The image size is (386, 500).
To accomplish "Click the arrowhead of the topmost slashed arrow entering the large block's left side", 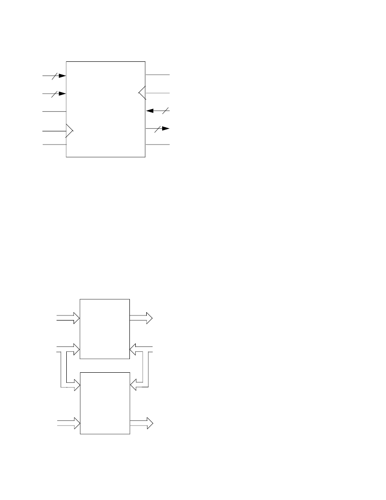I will point(63,75).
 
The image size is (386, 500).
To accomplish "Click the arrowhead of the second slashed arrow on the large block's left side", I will point(63,94).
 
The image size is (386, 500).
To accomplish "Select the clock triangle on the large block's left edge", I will point(69,131).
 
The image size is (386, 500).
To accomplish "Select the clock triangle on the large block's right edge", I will point(142,93).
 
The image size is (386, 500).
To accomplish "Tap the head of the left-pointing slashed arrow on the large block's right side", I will point(149,110).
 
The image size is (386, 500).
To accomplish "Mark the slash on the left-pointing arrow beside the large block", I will point(166,110).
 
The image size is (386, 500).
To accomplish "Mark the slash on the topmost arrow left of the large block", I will point(53,75).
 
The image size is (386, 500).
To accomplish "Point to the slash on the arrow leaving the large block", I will point(156,129).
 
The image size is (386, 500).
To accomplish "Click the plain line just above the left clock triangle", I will point(54,111).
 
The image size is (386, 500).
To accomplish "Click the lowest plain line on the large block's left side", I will point(54,145).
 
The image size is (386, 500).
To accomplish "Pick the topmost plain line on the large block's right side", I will point(157,74).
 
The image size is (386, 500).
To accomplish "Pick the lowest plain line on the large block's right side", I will point(157,145).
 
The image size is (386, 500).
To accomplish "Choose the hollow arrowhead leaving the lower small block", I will point(149,424).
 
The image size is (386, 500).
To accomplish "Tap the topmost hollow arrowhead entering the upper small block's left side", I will point(77,319).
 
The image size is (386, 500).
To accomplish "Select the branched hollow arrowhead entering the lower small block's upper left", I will point(77,386).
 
